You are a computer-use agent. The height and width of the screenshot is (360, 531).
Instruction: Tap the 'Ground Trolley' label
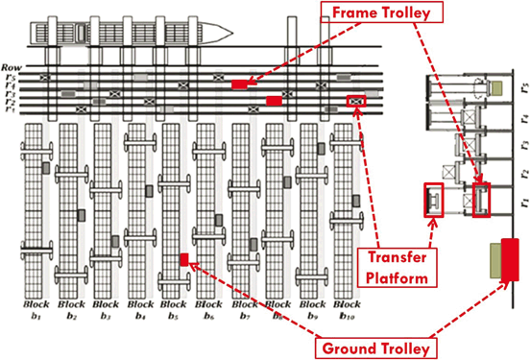point(374,345)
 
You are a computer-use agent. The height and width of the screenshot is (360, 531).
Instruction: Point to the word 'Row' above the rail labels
point(12,58)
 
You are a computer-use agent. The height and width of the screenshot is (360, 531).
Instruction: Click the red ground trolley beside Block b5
point(183,259)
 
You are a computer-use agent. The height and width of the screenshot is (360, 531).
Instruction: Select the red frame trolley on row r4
point(239,85)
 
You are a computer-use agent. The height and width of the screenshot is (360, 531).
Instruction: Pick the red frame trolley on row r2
point(274,99)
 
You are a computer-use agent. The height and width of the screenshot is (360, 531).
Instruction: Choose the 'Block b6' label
point(207,308)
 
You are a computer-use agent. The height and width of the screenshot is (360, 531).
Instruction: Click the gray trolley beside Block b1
point(45,168)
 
